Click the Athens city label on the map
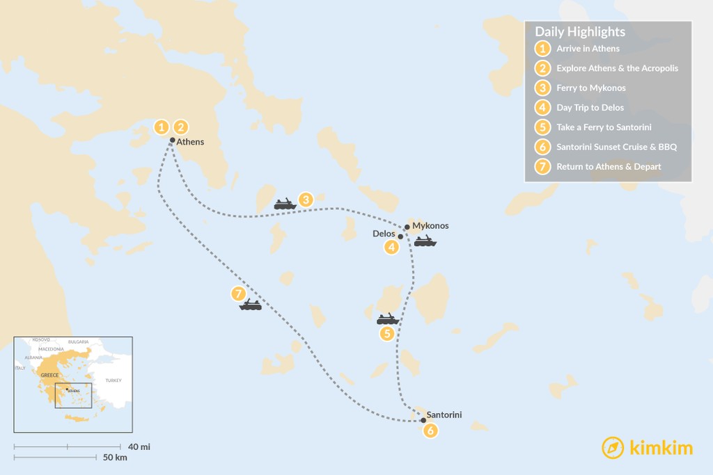[190, 142]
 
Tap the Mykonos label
[430, 226]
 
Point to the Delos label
[384, 234]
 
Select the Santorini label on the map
[444, 414]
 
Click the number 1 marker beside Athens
[162, 127]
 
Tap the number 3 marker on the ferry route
[306, 200]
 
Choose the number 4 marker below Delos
[393, 247]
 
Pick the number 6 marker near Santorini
[430, 431]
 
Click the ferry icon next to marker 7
[250, 305]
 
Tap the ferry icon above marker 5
[387, 319]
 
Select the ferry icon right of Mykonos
[425, 241]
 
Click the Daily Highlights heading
[580, 32]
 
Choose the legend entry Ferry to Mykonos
[590, 88]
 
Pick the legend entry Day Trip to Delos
[590, 108]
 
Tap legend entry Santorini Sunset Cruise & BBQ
[616, 147]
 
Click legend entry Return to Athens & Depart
[609, 167]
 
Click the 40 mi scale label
[139, 446]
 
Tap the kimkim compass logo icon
[613, 448]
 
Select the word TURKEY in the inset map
[113, 380]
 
